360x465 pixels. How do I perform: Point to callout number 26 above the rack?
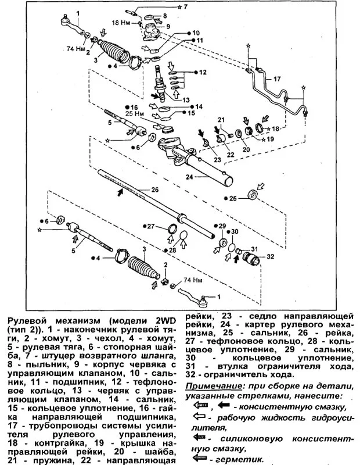point(154,189)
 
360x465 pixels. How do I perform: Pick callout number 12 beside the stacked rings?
point(203,73)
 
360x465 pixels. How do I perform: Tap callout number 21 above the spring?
point(221,120)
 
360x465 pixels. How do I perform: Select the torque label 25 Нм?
point(134,115)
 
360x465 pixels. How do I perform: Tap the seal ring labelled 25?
point(253,195)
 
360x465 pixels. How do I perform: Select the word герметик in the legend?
point(233,458)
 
